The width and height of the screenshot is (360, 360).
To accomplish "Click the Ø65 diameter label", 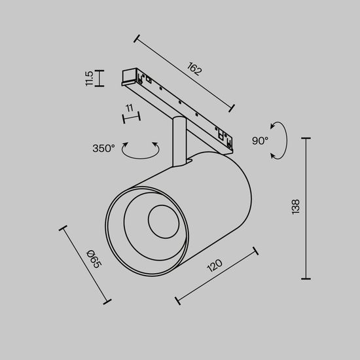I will coord(94,262).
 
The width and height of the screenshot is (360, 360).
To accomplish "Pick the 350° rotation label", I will coord(104,148).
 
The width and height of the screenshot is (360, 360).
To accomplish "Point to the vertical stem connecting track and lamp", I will coord(177,139).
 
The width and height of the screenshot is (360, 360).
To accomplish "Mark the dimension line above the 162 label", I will coord(184,71).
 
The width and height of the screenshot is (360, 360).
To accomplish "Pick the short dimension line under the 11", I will coord(132,117).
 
